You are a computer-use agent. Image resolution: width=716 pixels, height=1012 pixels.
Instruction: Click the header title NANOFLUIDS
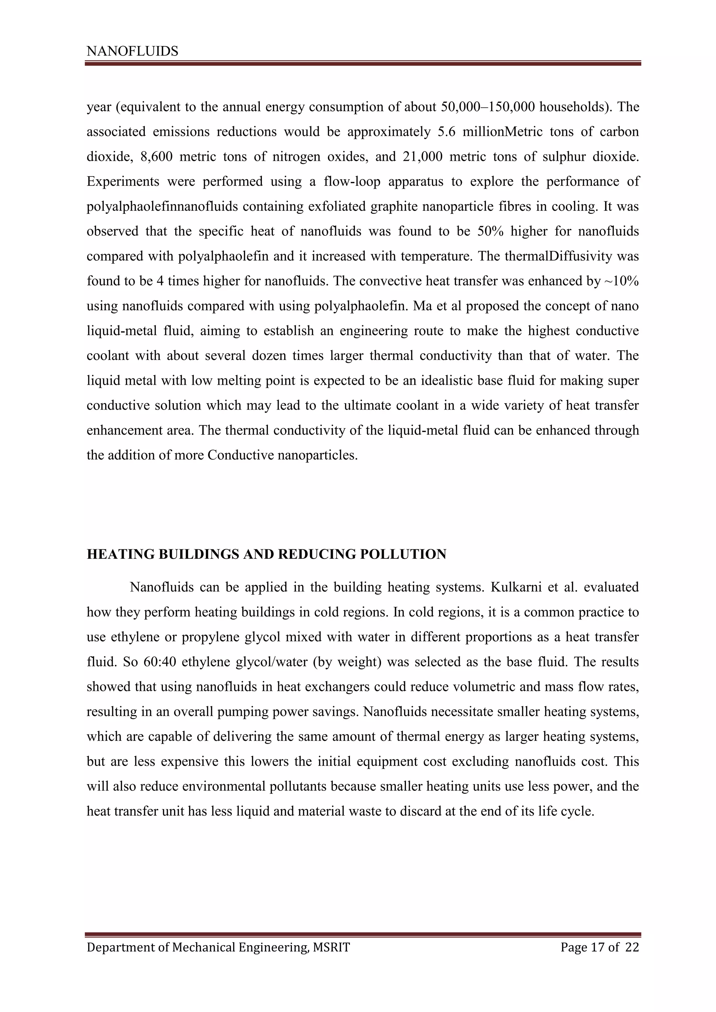(x=132, y=52)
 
